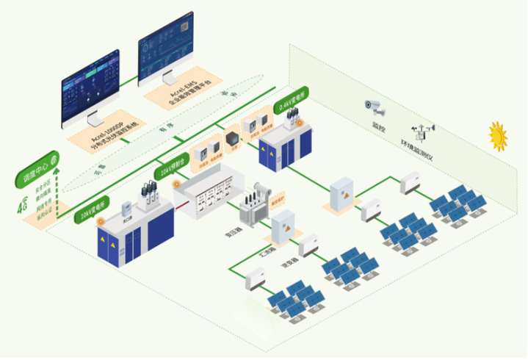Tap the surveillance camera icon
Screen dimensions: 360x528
click(x=375, y=107)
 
